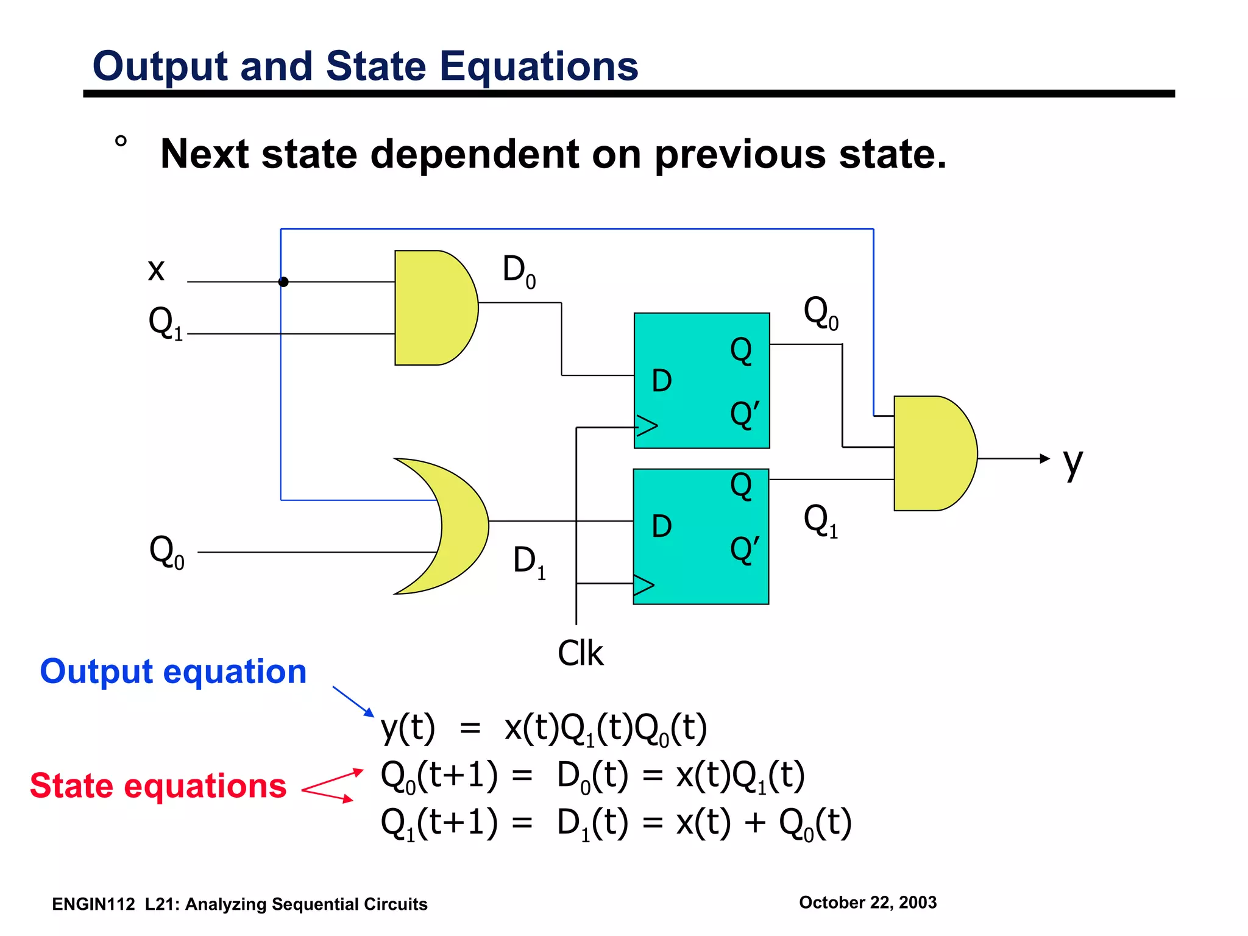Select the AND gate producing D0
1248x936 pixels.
[433, 308]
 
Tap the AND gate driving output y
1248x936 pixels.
[932, 453]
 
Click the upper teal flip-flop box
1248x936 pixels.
[701, 381]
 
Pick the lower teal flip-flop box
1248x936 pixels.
[701, 536]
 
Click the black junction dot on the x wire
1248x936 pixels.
[283, 282]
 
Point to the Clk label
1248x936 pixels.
[580, 653]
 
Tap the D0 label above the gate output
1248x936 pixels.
[519, 271]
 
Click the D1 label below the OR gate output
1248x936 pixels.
[529, 561]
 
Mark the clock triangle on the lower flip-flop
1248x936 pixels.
[644, 585]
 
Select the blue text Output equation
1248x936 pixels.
[173, 672]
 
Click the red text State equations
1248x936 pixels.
[158, 785]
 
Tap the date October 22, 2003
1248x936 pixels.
[868, 902]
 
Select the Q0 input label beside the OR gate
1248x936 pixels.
[166, 552]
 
